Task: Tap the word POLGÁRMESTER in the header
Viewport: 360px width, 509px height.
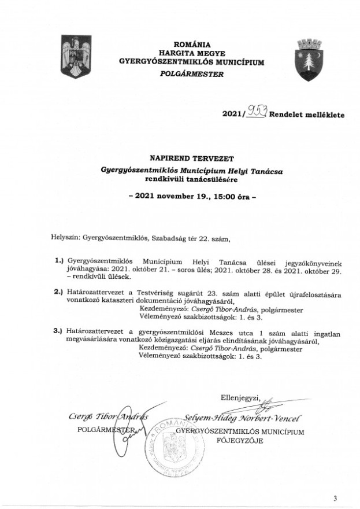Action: [x=192, y=75]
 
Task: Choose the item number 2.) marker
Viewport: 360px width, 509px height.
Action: [x=58, y=293]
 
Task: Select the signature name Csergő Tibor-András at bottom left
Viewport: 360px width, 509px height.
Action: [x=109, y=418]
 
